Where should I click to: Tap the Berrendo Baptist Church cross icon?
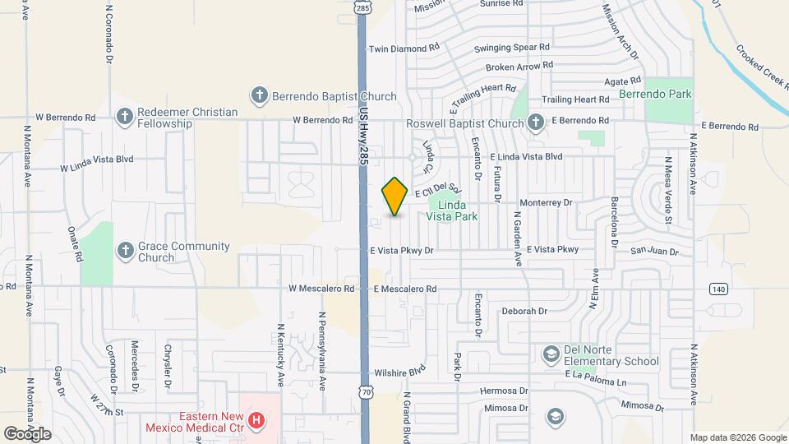(259, 96)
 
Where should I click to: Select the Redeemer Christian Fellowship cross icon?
(125, 118)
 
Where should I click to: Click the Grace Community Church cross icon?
(125, 252)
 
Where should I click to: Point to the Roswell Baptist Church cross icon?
(535, 123)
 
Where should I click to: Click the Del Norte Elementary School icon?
(551, 355)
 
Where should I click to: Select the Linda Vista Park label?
(452, 210)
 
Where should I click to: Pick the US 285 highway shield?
(363, 7)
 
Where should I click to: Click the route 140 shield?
(718, 289)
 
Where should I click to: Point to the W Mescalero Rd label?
(321, 289)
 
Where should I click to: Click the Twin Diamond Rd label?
(404, 49)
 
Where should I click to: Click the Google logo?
(28, 433)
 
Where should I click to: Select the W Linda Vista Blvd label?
(97, 168)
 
